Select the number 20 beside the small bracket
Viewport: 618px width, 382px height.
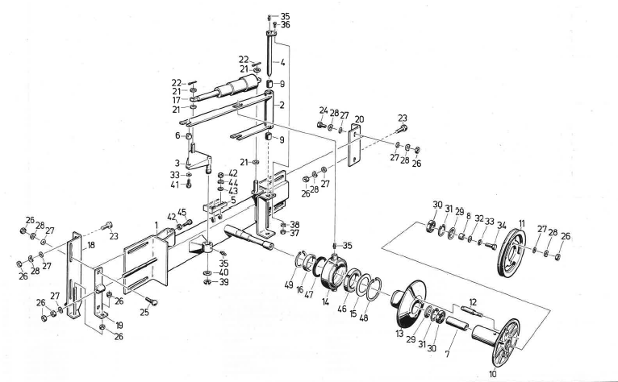coord(360,119)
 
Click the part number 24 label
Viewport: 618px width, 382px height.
coord(322,112)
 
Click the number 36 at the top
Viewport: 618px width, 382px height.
coord(285,26)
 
